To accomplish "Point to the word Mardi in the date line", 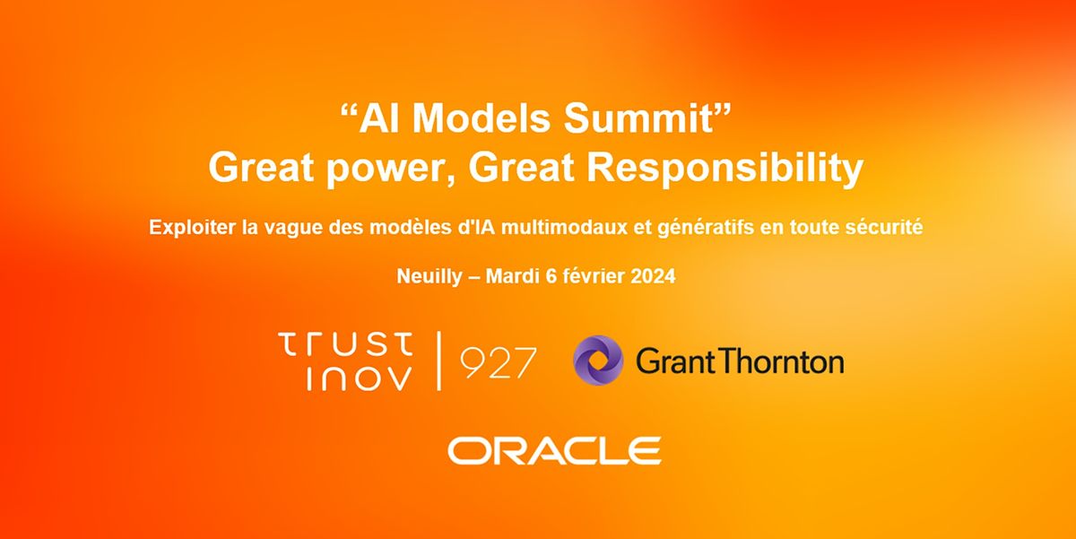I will (513, 276).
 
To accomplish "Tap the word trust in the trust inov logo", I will (346, 343).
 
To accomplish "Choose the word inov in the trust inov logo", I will (360, 378).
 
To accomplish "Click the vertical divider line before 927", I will (438, 361).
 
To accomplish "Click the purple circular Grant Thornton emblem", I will (597, 361).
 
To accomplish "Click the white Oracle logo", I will (554, 449).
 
